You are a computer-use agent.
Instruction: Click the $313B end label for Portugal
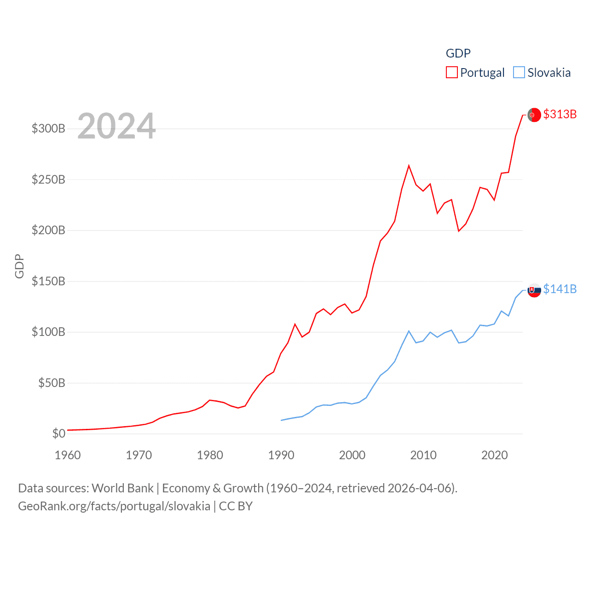pyautogui.click(x=560, y=114)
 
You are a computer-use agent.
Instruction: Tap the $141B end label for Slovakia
pyautogui.click(x=560, y=289)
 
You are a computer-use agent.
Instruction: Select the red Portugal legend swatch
pyautogui.click(x=452, y=73)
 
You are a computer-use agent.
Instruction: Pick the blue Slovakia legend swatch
pyautogui.click(x=519, y=73)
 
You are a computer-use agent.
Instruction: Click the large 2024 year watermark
pyautogui.click(x=116, y=126)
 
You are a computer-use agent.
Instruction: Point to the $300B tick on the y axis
pyautogui.click(x=48, y=128)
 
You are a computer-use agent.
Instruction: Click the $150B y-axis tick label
pyautogui.click(x=48, y=281)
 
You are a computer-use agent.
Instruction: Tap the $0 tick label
pyautogui.click(x=58, y=433)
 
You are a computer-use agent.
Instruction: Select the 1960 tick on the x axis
pyautogui.click(x=68, y=455)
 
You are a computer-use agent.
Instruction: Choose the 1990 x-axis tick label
pyautogui.click(x=281, y=455)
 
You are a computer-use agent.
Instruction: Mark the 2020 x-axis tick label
pyautogui.click(x=495, y=455)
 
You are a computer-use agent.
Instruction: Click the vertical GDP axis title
pyautogui.click(x=19, y=266)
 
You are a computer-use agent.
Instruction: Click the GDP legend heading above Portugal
pyautogui.click(x=458, y=53)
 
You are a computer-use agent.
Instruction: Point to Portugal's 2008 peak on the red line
pyautogui.click(x=409, y=166)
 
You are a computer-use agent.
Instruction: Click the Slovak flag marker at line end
pyautogui.click(x=534, y=290)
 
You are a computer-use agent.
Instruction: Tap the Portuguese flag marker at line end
pyautogui.click(x=534, y=115)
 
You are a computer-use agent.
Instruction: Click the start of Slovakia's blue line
pyautogui.click(x=281, y=420)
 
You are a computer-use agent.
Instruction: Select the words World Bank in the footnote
pyautogui.click(x=122, y=488)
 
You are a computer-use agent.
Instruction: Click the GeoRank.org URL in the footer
pyautogui.click(x=114, y=506)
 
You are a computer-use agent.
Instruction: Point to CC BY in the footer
pyautogui.click(x=236, y=506)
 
